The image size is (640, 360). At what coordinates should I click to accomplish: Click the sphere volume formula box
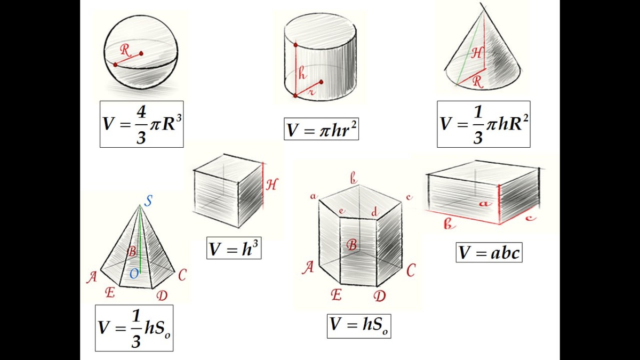(141, 124)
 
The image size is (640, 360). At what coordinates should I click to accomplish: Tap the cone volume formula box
(483, 124)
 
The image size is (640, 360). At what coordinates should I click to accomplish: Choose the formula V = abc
(489, 252)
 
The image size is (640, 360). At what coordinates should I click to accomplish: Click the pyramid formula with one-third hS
(134, 328)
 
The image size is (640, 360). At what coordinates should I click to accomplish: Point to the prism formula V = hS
(359, 325)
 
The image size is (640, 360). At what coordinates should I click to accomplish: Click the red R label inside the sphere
(125, 51)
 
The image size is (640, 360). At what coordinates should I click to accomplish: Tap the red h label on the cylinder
(302, 74)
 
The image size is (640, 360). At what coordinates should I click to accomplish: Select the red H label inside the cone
(478, 52)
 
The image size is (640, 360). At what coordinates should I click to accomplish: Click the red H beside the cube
(272, 185)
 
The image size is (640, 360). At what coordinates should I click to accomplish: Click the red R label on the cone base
(477, 82)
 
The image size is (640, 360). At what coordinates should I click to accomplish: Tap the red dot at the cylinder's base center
(321, 82)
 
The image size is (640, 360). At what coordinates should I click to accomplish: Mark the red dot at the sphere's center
(142, 53)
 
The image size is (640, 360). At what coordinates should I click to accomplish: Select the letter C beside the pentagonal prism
(411, 271)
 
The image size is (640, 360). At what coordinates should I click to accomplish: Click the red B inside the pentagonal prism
(351, 245)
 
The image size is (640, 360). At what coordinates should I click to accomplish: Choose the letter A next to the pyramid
(92, 277)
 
